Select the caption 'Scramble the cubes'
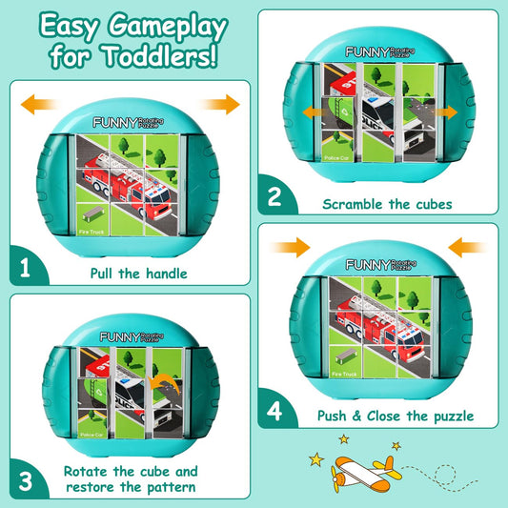(x=386, y=203)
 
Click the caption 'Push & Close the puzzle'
(x=395, y=416)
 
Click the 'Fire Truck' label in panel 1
(x=91, y=230)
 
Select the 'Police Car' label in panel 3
(x=92, y=435)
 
